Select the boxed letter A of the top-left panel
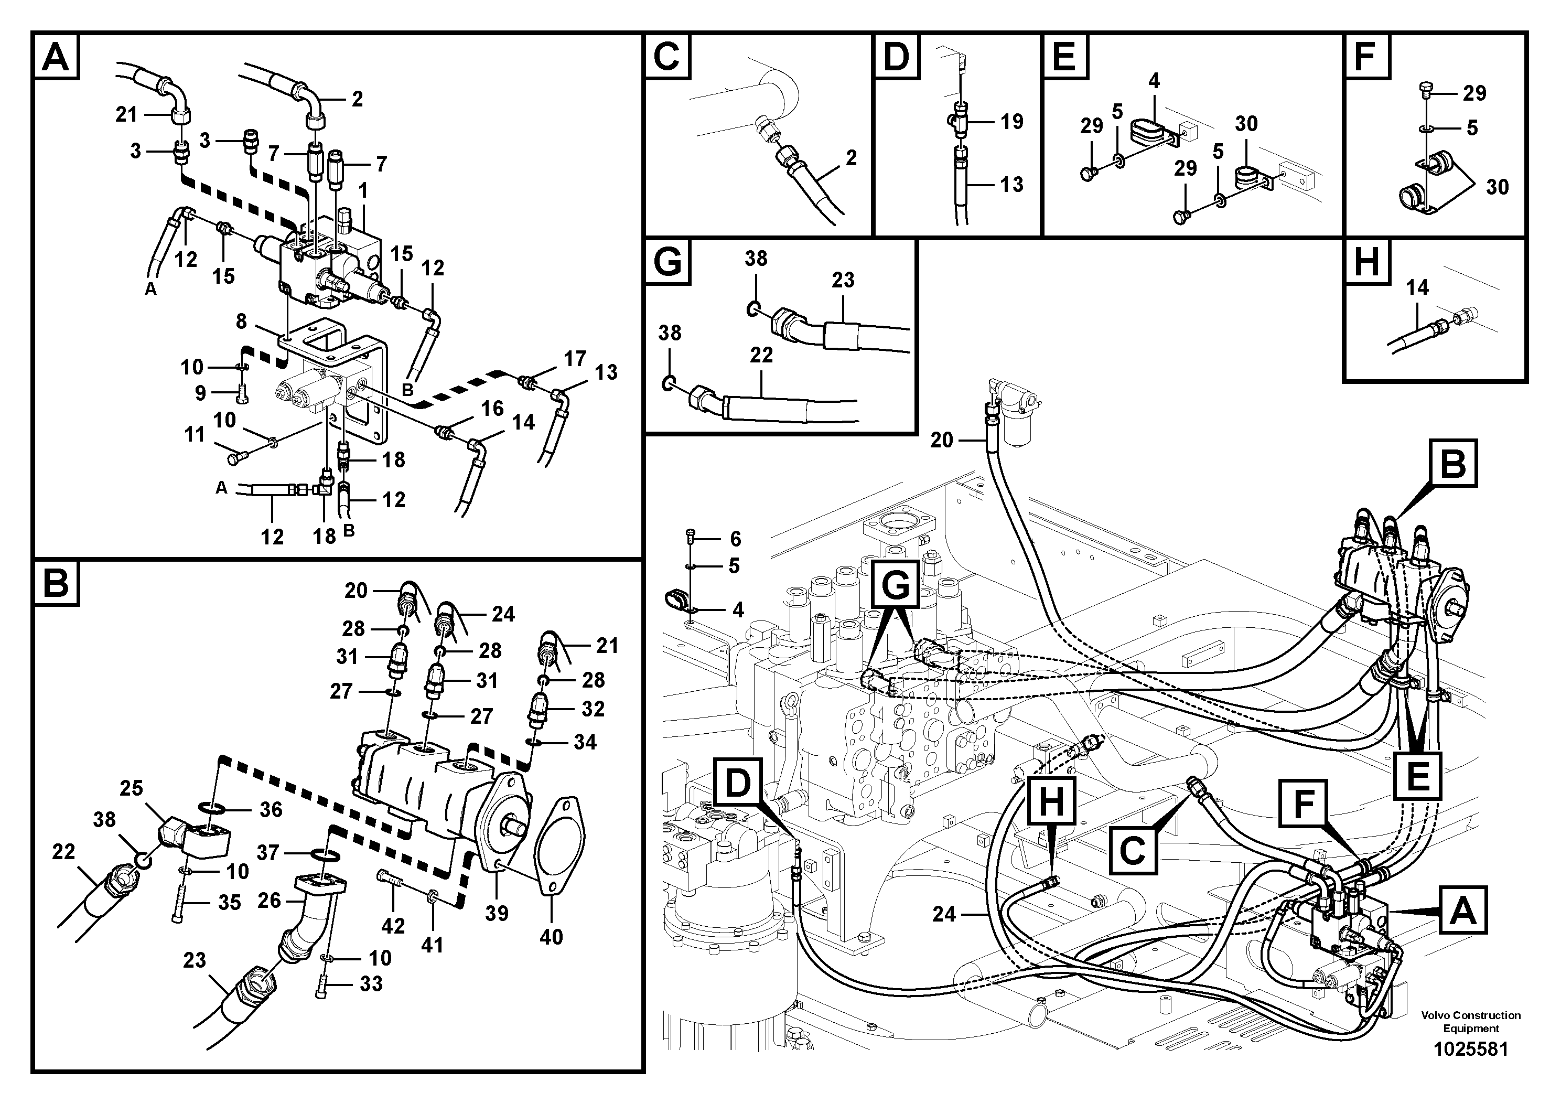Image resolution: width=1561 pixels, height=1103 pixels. click(56, 57)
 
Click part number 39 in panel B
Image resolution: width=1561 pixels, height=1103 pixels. click(497, 913)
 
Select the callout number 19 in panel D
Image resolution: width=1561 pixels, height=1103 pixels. click(1011, 122)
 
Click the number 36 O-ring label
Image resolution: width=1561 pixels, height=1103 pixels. click(271, 809)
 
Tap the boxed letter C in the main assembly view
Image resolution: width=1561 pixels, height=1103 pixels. click(1132, 851)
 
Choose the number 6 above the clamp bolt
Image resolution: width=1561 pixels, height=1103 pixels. click(735, 539)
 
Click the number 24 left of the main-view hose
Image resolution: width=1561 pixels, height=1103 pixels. click(944, 915)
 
